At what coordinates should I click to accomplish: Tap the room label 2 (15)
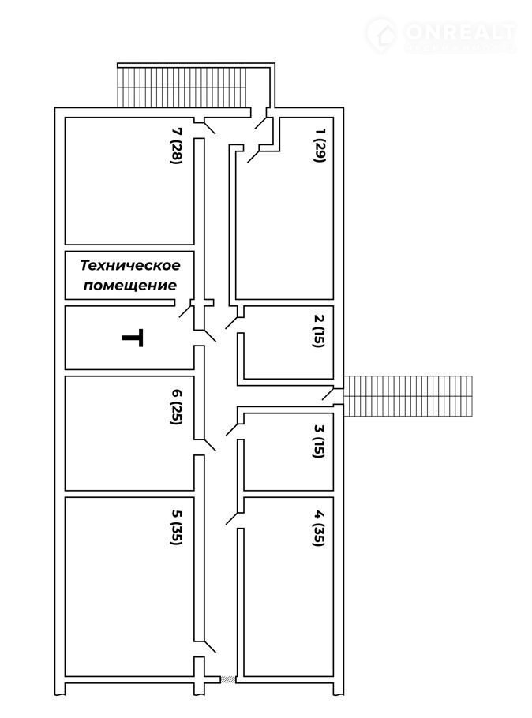(317, 331)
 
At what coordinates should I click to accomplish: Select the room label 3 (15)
(318, 440)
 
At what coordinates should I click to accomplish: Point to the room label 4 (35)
(318, 529)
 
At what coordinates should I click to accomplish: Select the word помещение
(129, 285)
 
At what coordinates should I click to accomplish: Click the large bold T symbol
(133, 338)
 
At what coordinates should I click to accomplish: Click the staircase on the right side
(409, 395)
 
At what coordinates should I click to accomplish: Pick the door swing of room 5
(209, 645)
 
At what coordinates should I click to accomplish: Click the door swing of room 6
(209, 444)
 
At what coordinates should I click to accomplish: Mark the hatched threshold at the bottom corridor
(227, 679)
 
